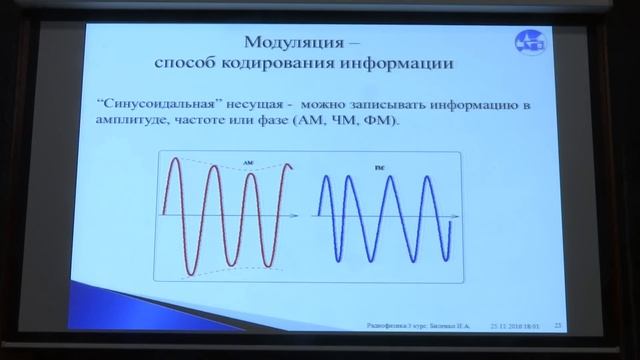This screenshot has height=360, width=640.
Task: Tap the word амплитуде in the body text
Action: (x=131, y=122)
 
